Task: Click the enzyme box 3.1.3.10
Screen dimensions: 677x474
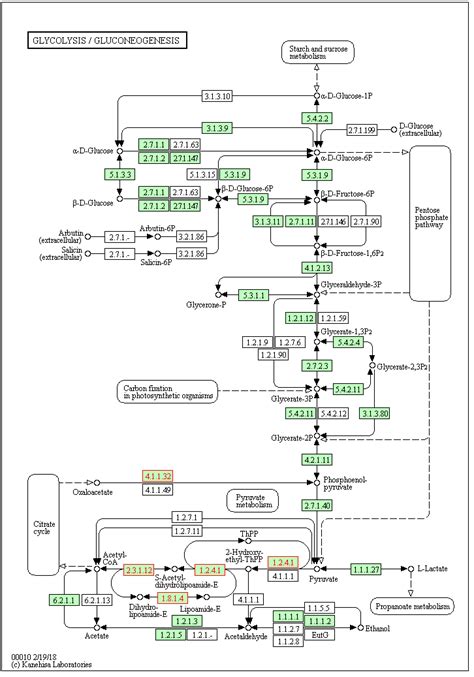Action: click(x=216, y=96)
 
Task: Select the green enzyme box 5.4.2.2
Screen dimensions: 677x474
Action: click(x=317, y=118)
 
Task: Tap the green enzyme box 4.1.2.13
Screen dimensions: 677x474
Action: click(x=317, y=267)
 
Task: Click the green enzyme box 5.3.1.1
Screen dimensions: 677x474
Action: click(x=255, y=295)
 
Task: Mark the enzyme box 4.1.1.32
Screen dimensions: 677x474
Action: click(x=157, y=475)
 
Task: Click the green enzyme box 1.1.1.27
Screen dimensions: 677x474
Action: click(x=366, y=569)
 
